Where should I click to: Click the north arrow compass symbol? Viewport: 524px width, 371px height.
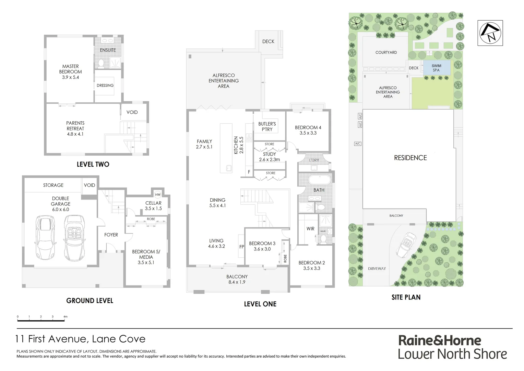(x=490, y=33)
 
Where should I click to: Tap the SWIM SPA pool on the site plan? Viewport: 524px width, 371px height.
(x=436, y=68)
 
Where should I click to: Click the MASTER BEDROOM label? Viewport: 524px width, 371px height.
(x=70, y=72)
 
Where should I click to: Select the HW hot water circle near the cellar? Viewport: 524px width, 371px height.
(x=158, y=195)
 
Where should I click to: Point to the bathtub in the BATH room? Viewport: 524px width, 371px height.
(x=319, y=180)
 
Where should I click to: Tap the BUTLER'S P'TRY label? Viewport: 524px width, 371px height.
(x=267, y=126)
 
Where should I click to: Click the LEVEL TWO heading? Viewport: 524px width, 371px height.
(x=93, y=165)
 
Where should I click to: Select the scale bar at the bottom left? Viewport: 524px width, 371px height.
(x=41, y=320)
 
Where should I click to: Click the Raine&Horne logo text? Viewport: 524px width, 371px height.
(x=440, y=340)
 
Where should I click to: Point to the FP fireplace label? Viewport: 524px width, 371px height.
(x=241, y=247)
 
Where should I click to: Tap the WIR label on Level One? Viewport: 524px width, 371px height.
(x=310, y=229)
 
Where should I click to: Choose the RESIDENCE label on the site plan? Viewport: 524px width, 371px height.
(x=410, y=158)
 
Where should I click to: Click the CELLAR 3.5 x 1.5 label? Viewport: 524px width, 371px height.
(x=153, y=206)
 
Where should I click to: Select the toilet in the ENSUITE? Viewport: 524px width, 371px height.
(x=101, y=63)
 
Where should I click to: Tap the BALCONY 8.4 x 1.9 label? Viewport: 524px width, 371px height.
(x=237, y=279)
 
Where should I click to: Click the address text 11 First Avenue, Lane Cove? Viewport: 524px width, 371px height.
(x=81, y=339)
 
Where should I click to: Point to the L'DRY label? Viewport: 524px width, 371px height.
(x=314, y=160)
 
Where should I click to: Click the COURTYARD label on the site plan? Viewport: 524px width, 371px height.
(x=386, y=53)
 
